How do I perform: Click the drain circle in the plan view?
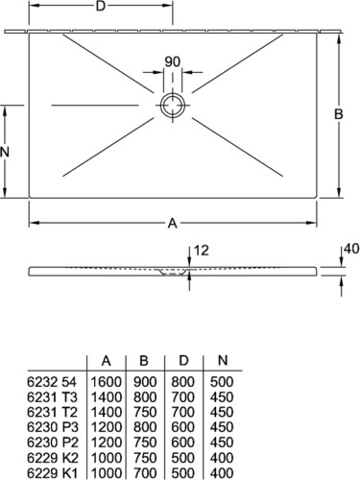173,94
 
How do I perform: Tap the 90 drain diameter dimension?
173,61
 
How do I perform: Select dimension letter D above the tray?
101,6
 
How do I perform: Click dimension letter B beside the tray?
339,114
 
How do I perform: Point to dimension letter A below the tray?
173,223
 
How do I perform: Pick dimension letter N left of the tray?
5,152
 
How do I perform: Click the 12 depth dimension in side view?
202,251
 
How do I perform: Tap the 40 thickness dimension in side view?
352,249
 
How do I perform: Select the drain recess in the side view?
173,273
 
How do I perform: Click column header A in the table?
107,361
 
